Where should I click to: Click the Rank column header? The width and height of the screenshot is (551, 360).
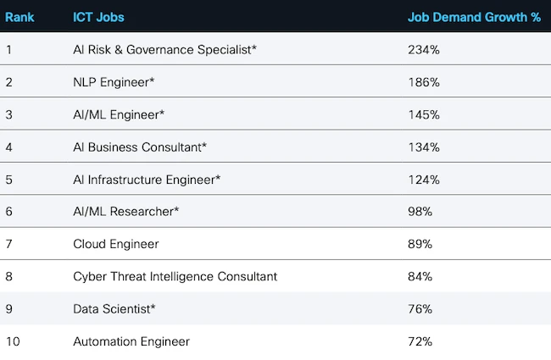[x=19, y=17]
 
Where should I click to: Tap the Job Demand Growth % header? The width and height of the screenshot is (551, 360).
[x=474, y=17]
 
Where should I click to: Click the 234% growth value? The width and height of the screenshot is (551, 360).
[x=424, y=50]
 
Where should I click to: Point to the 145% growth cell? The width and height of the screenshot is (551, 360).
[x=424, y=114]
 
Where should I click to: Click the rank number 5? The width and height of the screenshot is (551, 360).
[x=8, y=180]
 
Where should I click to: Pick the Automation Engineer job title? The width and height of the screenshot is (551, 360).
[x=131, y=341]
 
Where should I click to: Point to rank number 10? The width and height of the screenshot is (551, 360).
[x=12, y=341]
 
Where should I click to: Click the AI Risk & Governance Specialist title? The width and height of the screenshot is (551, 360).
[x=164, y=50]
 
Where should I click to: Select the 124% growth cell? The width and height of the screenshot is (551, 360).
[x=424, y=180]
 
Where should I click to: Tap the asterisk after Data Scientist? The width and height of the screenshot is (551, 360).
[x=153, y=307]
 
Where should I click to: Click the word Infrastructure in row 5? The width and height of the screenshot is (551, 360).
[x=125, y=180]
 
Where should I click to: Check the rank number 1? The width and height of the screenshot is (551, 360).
[x=8, y=50]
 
